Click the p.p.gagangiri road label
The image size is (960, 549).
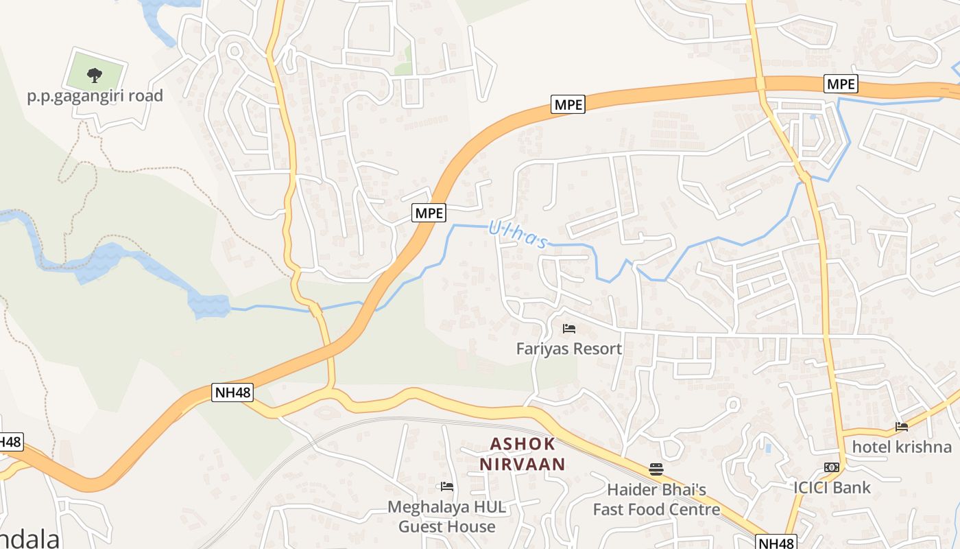[95, 95]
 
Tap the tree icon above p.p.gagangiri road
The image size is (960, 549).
[95, 74]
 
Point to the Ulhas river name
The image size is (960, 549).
[518, 235]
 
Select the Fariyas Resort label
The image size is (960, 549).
[569, 349]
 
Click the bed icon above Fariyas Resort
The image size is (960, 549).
[568, 329]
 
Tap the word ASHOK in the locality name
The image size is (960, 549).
[523, 444]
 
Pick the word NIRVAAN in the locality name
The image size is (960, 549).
[523, 465]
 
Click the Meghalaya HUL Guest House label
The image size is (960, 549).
[447, 517]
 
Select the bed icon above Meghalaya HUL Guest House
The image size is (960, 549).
[447, 487]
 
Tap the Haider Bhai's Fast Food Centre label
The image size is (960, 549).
[656, 500]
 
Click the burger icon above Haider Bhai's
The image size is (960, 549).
[656, 469]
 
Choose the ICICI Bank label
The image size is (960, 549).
[832, 488]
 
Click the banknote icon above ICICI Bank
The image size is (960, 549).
[832, 467]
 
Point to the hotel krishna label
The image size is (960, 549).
[902, 447]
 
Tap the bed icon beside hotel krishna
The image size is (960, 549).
[902, 427]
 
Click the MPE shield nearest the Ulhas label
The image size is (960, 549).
[429, 213]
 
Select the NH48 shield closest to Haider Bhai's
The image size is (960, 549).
[777, 542]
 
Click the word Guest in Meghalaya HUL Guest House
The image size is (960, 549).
[423, 527]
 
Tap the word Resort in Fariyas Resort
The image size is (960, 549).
[597, 349]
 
